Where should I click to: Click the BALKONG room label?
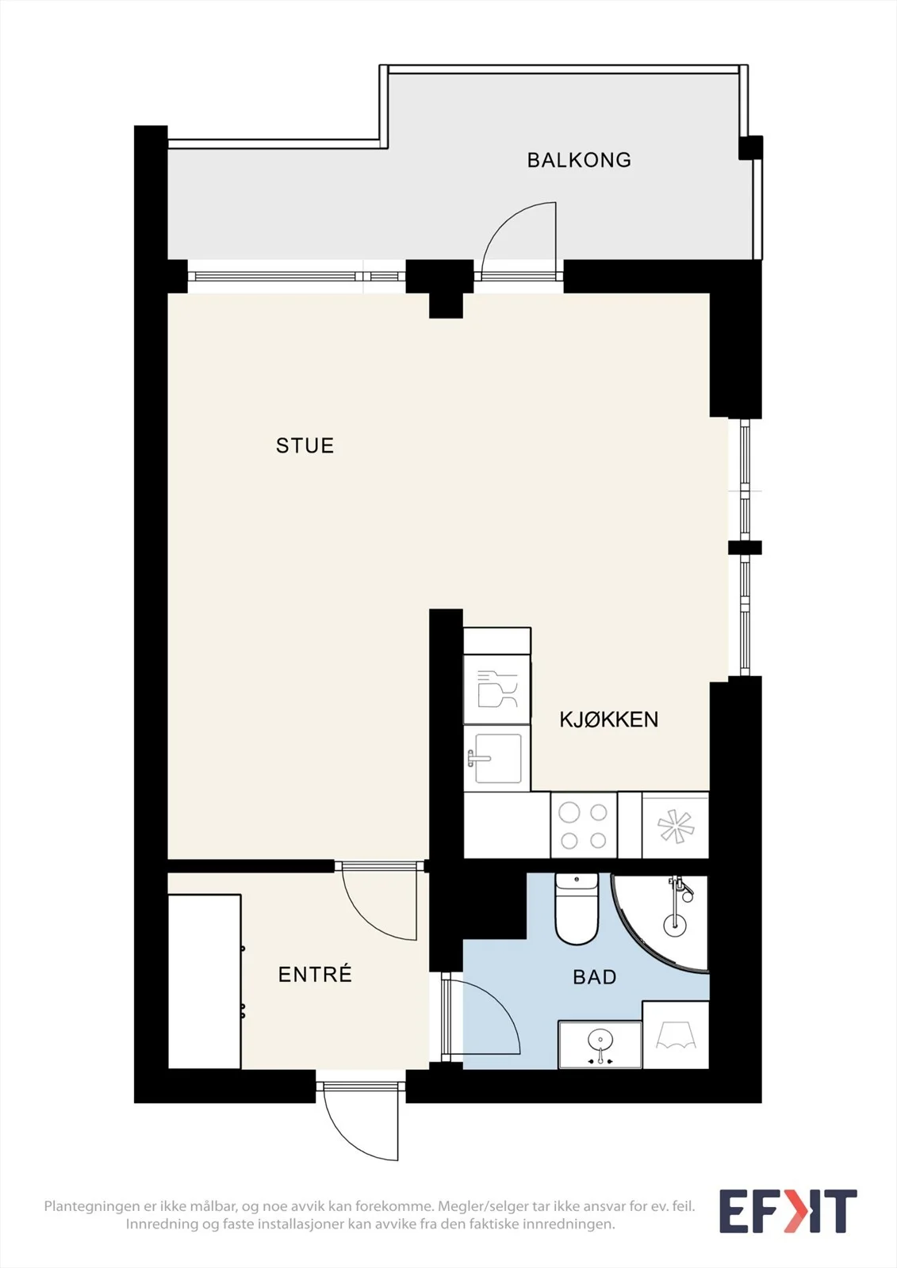[579, 160]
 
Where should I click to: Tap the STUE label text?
[305, 445]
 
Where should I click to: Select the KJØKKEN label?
[608, 720]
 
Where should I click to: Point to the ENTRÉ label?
[315, 974]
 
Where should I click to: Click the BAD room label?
[594, 976]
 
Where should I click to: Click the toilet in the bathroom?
[577, 908]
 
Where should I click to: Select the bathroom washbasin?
[600, 1045]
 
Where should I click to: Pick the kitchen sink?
[497, 758]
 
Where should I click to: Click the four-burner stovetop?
[584, 826]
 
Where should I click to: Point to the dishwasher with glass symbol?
[497, 689]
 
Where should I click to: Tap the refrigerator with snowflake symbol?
[675, 826]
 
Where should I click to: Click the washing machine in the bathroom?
[676, 1035]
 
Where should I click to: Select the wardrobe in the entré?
[205, 982]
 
